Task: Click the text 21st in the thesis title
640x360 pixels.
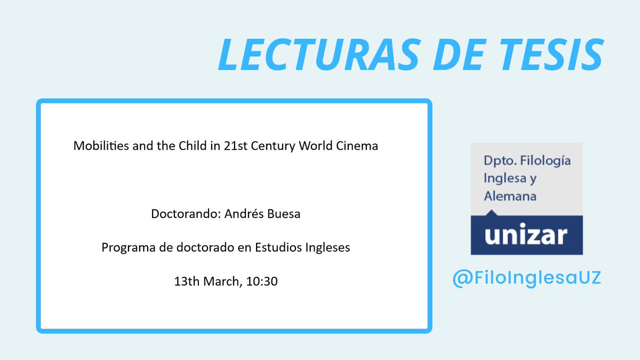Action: pos(233,146)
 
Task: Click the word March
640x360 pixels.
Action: pos(222,282)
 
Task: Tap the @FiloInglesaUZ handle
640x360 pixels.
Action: pos(526,278)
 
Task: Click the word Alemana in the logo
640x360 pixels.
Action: pos(510,196)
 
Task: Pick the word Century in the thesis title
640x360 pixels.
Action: pos(274,146)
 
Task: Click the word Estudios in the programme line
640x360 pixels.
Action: pos(281,248)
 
